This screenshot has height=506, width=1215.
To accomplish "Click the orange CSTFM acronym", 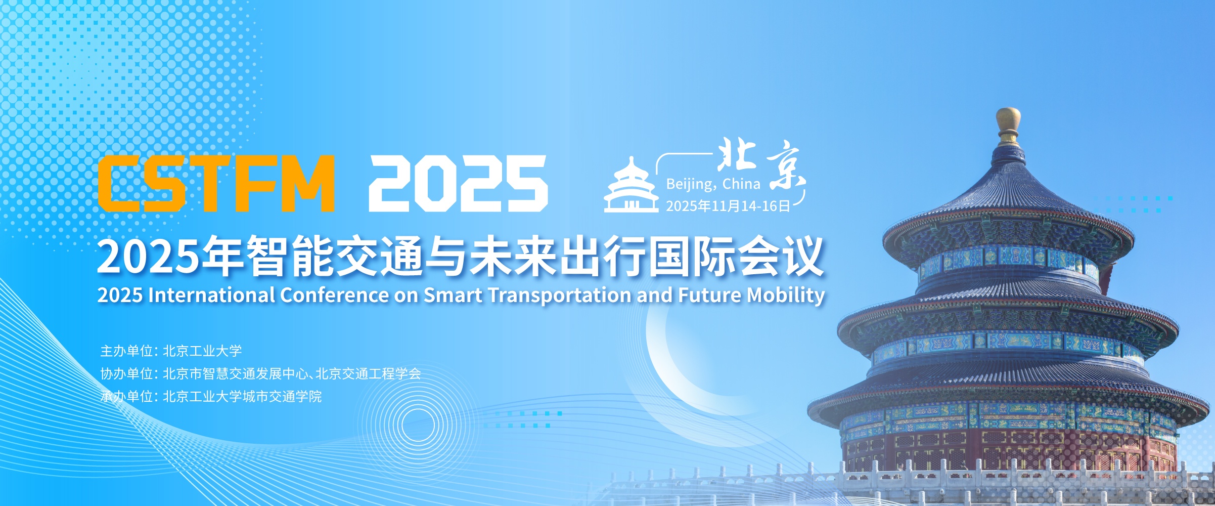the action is [x=216, y=183].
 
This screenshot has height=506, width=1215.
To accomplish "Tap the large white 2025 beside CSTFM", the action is [x=458, y=183].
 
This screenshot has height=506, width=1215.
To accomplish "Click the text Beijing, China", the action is [x=713, y=184].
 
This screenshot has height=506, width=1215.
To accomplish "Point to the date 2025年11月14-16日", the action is [x=728, y=206].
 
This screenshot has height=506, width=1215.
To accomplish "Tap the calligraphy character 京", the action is [x=785, y=165].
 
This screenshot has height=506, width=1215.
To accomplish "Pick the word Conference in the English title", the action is [x=334, y=295].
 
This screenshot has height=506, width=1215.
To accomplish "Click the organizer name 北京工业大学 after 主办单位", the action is [x=202, y=351].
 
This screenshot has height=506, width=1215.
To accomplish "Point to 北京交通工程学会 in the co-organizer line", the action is [x=368, y=373].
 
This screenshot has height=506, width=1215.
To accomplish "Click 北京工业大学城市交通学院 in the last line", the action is [x=242, y=396].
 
